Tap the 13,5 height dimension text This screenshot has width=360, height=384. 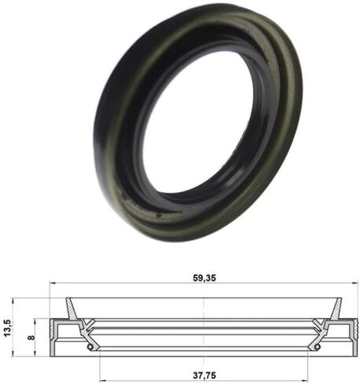coord(8,325)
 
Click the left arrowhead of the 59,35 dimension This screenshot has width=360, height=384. coord(53,284)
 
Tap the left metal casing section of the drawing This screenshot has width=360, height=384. coord(57,334)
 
